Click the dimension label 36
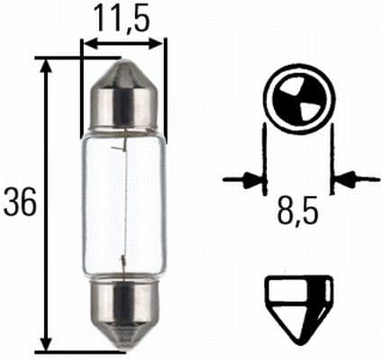click(20, 204)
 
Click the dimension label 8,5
click(297, 217)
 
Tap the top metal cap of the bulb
click(123, 97)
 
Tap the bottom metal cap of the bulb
click(123, 311)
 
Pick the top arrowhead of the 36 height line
click(47, 65)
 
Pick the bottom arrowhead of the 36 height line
click(47, 344)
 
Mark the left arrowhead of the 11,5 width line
click(87, 41)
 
